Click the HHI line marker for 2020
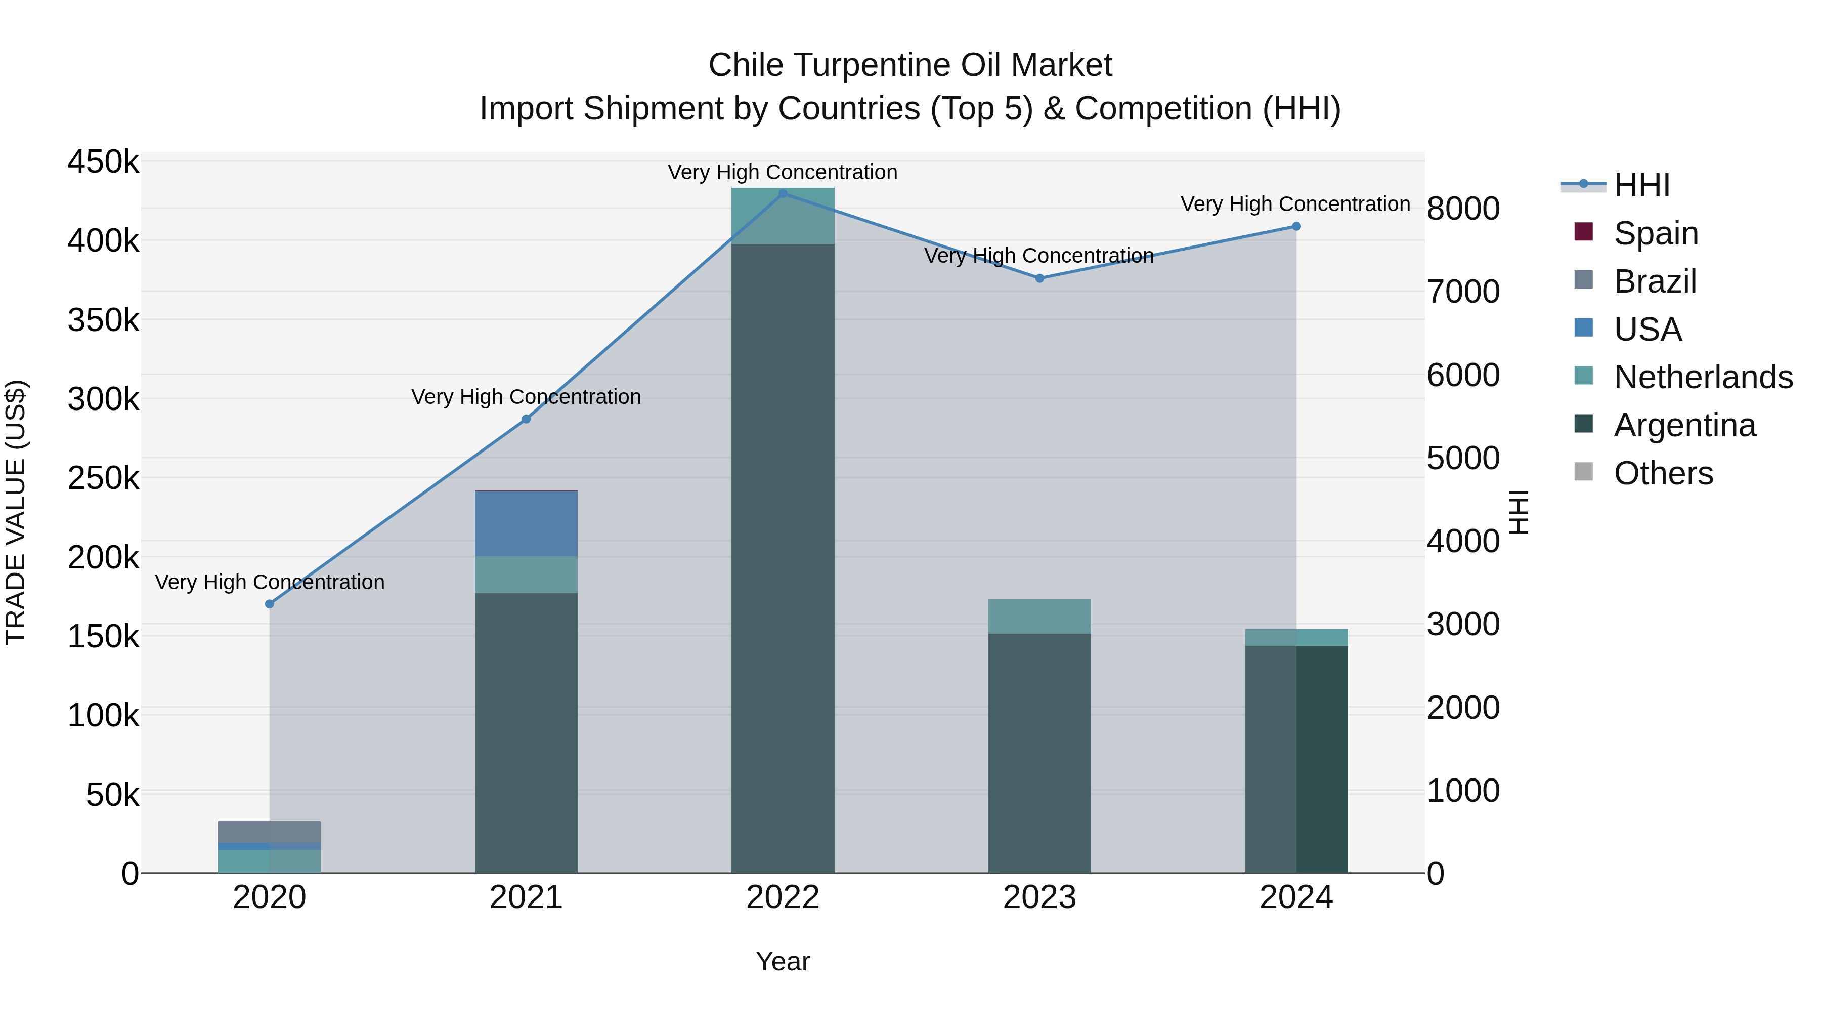point(269,604)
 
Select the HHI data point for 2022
point(783,194)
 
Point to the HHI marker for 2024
point(1296,226)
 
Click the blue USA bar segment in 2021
point(526,523)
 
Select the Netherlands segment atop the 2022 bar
point(783,216)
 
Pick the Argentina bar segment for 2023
point(1039,753)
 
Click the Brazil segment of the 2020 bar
point(269,832)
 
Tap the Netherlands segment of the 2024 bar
point(1296,637)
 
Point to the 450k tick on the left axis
point(103,162)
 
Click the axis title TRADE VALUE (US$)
point(16,512)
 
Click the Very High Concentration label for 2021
point(526,397)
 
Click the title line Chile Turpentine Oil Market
point(910,65)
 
